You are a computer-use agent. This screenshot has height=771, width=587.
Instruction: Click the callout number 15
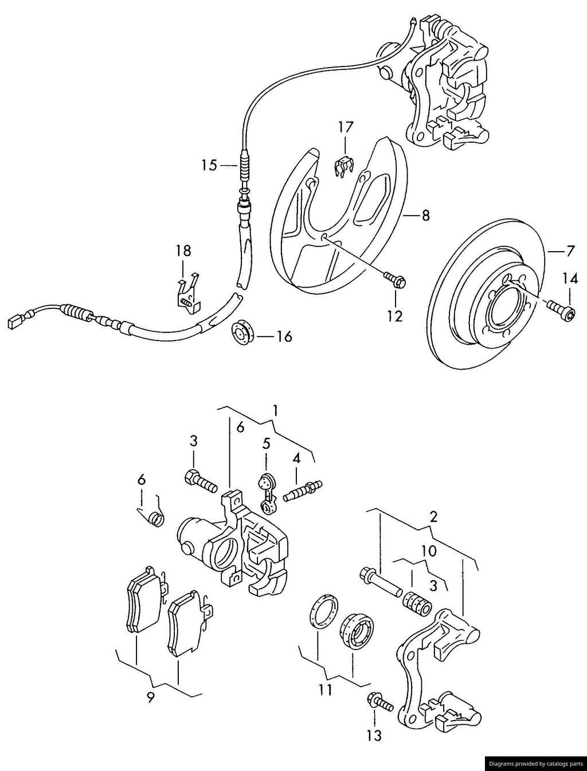pyautogui.click(x=209, y=166)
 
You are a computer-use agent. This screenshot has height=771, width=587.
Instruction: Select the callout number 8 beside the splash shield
pyautogui.click(x=425, y=216)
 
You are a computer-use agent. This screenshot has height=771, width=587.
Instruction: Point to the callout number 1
pyautogui.click(x=276, y=410)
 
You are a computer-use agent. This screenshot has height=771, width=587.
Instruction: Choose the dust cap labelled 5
pyautogui.click(x=267, y=489)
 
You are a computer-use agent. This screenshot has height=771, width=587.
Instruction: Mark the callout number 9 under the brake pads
pyautogui.click(x=151, y=698)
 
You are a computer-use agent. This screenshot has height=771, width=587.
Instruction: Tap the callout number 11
pyautogui.click(x=325, y=691)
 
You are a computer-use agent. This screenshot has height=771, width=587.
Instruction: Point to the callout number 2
pyautogui.click(x=433, y=516)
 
